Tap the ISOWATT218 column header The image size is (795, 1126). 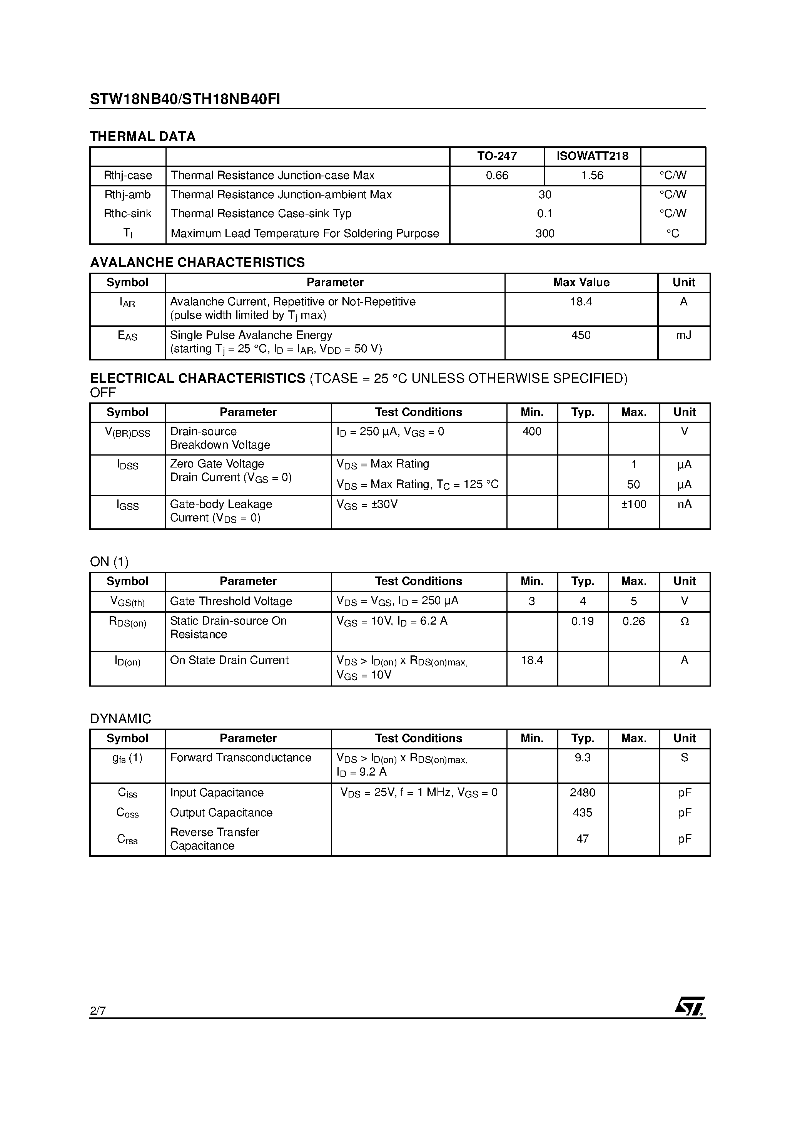click(x=592, y=156)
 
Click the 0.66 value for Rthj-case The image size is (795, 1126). click(x=497, y=175)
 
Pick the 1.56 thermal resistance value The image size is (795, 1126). click(x=592, y=175)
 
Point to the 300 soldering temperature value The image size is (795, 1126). click(x=544, y=233)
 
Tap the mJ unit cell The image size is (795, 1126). click(x=683, y=335)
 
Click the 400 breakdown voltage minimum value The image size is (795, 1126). click(x=532, y=432)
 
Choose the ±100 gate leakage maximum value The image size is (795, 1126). click(x=633, y=504)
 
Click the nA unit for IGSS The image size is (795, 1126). click(x=684, y=504)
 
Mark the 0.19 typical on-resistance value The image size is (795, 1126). click(x=582, y=622)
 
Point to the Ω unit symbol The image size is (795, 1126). click(x=684, y=622)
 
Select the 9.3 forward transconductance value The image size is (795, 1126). click(x=582, y=758)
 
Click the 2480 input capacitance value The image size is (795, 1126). click(x=582, y=793)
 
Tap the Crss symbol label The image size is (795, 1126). click(x=127, y=839)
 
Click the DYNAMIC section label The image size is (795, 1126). click(x=120, y=719)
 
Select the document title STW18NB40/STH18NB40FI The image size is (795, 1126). click(x=185, y=100)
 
